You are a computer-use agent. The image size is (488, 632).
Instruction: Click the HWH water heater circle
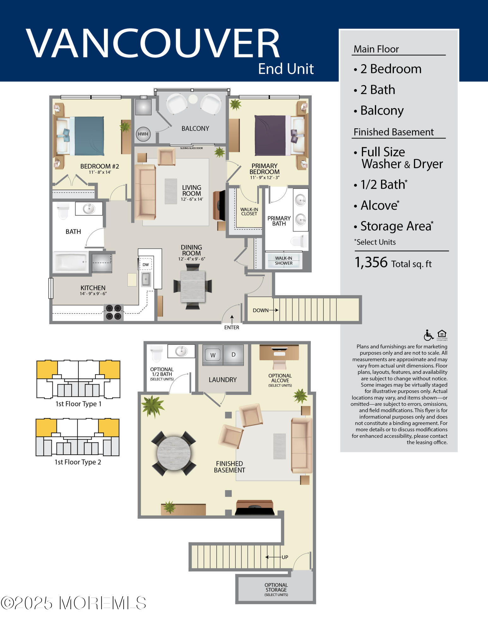click(x=143, y=134)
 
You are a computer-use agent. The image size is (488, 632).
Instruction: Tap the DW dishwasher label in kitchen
click(x=146, y=265)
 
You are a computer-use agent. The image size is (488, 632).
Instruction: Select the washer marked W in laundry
click(x=213, y=355)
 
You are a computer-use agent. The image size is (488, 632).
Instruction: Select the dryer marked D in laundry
click(x=233, y=355)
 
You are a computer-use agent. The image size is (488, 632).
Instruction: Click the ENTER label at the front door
click(x=232, y=327)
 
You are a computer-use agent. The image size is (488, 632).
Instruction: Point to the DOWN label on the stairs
click(x=261, y=310)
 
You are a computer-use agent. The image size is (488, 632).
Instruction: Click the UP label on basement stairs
click(x=285, y=557)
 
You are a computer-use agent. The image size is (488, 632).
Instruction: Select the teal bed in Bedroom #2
click(x=87, y=136)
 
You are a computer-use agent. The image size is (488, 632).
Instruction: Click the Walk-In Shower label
click(x=284, y=261)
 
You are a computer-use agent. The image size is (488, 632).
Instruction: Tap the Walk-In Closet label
click(x=249, y=211)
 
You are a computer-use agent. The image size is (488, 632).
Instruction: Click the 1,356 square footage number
click(x=371, y=262)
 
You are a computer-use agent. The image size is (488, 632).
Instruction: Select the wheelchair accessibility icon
click(x=428, y=335)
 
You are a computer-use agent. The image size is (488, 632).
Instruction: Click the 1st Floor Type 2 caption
click(x=78, y=462)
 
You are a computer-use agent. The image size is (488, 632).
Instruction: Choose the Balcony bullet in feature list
click(x=382, y=111)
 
